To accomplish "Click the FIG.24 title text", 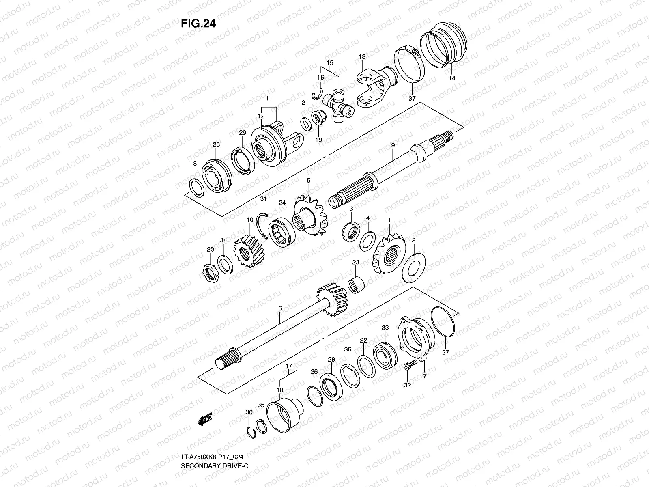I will click(x=198, y=24).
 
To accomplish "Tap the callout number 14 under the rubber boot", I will click(x=452, y=78).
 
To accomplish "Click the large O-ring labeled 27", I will click(x=443, y=322).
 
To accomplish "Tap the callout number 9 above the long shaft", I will click(x=393, y=145).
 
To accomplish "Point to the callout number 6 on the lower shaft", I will click(x=279, y=309).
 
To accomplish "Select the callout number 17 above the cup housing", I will click(x=288, y=366).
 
